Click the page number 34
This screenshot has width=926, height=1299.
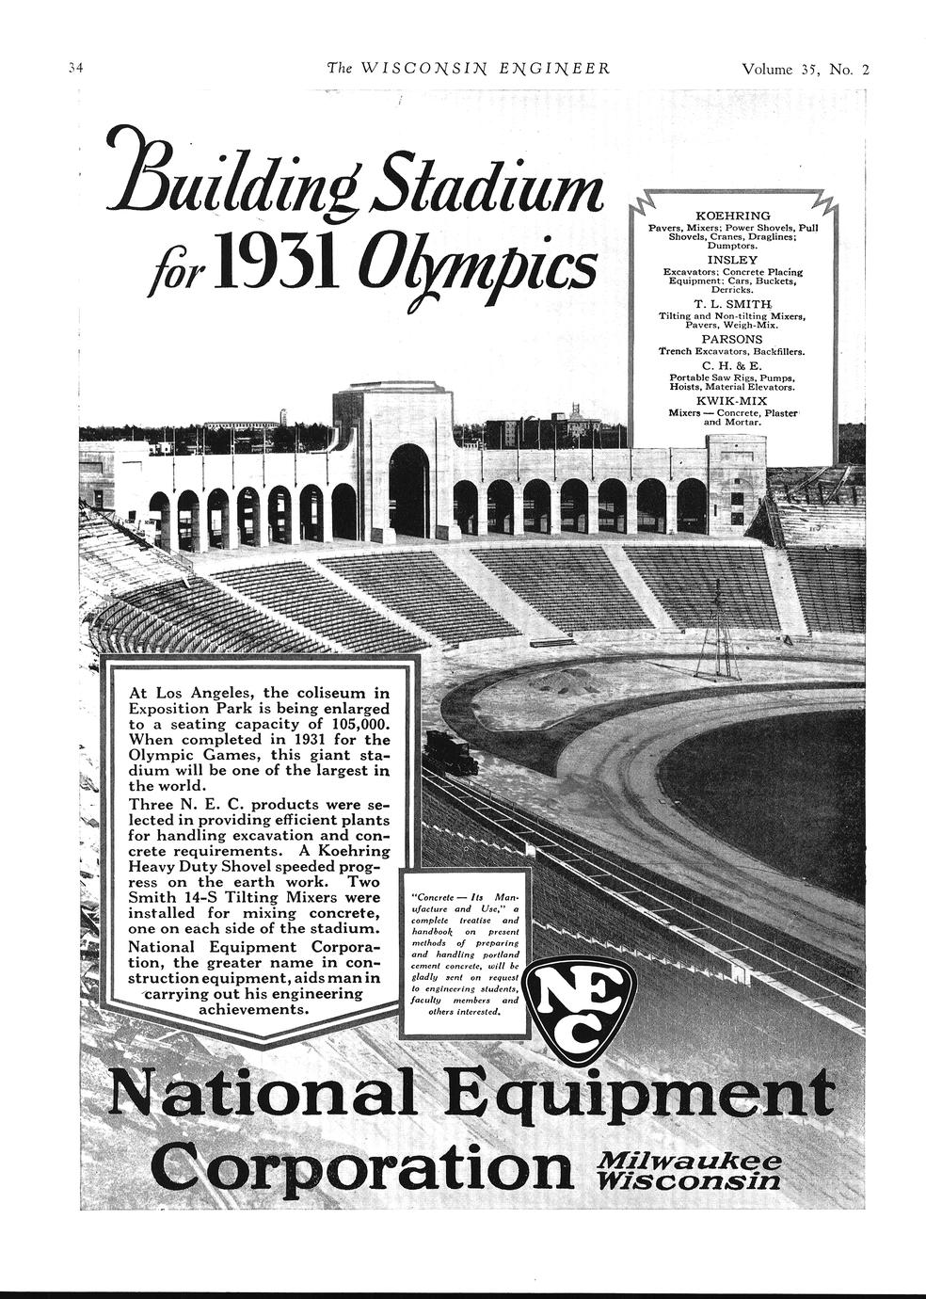point(76,69)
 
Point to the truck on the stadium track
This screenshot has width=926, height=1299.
point(450,752)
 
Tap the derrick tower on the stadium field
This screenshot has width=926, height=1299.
point(717,631)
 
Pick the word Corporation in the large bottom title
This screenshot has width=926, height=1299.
point(361,1166)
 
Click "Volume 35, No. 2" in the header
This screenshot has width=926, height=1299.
point(806,69)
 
